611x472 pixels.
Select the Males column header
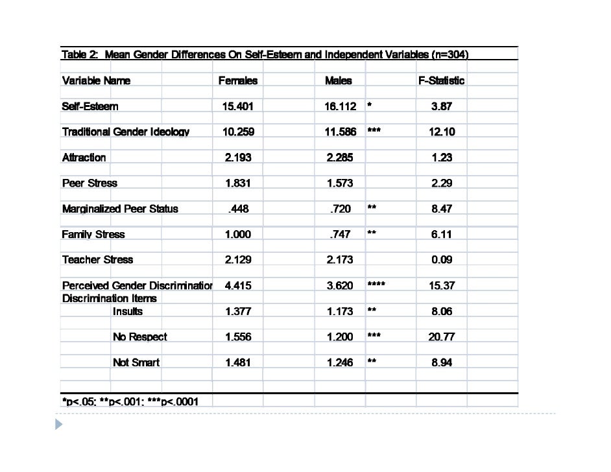[339, 80]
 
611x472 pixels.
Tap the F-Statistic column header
[441, 80]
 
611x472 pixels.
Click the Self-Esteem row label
[90, 106]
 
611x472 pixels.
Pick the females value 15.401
[238, 106]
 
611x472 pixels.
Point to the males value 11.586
[341, 132]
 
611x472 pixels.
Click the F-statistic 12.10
[442, 132]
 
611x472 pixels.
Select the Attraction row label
[84, 158]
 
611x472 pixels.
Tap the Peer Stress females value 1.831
[238, 183]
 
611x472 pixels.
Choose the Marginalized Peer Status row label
[120, 209]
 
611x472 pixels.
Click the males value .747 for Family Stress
[342, 234]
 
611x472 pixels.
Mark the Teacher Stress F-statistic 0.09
[442, 259]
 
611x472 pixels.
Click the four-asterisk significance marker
[376, 285]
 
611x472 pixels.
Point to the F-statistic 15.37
[442, 285]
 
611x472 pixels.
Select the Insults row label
[128, 311]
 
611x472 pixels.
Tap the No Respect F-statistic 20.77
[442, 336]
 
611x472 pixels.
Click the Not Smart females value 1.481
[238, 362]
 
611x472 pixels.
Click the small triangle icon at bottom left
[60, 425]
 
